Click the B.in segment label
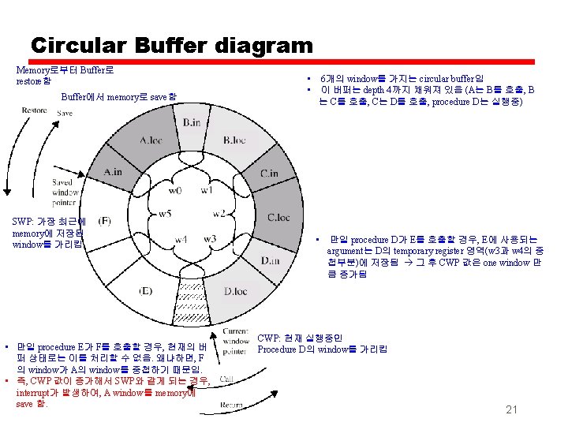pos(192,123)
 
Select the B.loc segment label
pos(234,141)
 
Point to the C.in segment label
pos(268,174)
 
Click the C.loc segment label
pos(278,217)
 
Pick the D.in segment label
pos(271,260)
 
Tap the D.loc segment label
pos(235,291)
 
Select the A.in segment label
pos(112,172)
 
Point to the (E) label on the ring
pos(145,290)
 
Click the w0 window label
pos(176,190)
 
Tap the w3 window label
pos(209,238)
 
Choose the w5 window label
pos(164,214)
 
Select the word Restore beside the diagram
pos(35,111)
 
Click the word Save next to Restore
pos(65,114)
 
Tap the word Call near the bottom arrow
pos(226,379)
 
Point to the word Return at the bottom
pos(231,404)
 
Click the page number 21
pos(511,409)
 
